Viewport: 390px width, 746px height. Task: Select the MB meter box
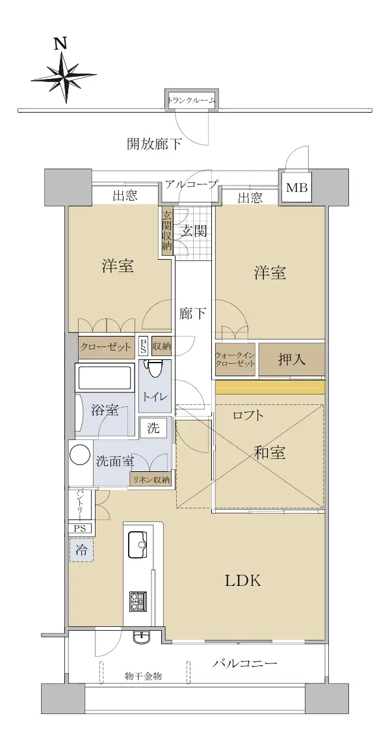297,188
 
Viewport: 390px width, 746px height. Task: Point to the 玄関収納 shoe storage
166,230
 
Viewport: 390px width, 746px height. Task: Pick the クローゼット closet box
106,347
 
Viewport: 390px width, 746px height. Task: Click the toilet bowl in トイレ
154,369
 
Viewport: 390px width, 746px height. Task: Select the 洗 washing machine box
153,427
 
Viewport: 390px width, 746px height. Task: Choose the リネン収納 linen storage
151,480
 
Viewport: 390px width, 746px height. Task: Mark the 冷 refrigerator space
82,551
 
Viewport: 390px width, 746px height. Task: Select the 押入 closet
292,360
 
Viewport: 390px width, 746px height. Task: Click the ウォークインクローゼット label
235,359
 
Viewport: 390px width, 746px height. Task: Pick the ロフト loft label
248,415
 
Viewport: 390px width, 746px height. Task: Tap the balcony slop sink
142,637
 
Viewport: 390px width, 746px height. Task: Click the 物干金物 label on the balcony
144,675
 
